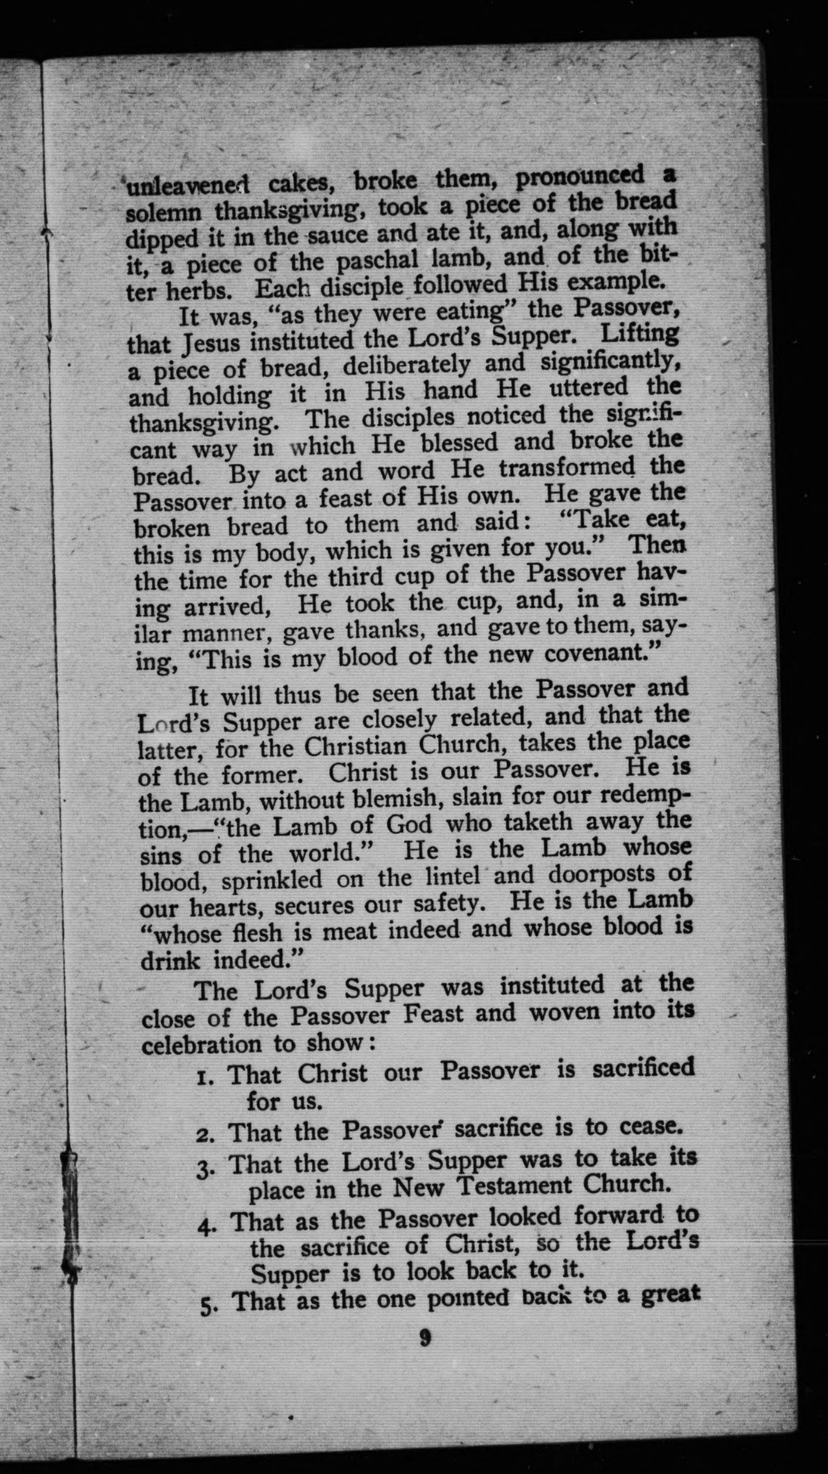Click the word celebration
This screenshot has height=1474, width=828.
point(201,1044)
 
